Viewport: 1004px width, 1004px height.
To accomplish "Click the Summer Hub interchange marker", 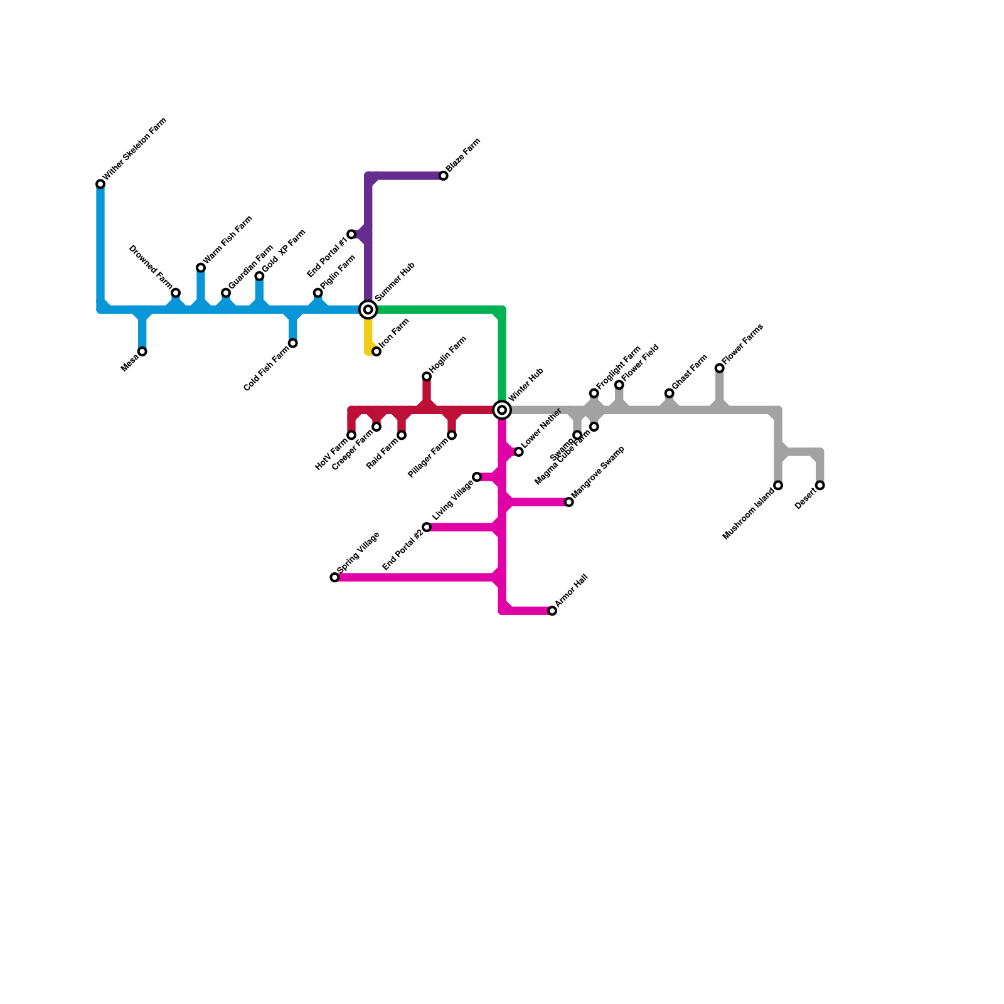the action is click(x=368, y=309).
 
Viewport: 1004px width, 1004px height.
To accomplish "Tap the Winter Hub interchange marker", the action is click(x=502, y=410).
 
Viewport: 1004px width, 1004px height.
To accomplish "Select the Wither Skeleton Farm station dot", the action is click(x=100, y=184).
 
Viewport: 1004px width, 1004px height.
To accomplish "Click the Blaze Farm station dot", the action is click(x=444, y=176).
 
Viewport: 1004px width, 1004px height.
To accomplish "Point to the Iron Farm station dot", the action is click(x=376, y=351).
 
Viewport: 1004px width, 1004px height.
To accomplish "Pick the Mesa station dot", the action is click(x=142, y=351).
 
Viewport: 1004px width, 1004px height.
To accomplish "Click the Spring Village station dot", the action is click(x=334, y=577).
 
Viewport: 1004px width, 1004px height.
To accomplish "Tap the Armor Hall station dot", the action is click(x=552, y=611).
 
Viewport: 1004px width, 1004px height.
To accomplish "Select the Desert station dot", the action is click(x=820, y=485).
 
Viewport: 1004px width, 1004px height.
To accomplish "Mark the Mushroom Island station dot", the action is click(x=778, y=485).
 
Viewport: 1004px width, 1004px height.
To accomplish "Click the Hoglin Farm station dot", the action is click(x=427, y=376).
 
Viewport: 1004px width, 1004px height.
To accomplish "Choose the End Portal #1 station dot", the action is click(x=351, y=234).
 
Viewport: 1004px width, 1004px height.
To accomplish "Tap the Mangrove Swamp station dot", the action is click(x=569, y=502).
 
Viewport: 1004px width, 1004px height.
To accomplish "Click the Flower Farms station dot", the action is click(x=720, y=368).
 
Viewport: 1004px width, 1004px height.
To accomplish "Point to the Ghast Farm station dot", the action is click(x=670, y=393).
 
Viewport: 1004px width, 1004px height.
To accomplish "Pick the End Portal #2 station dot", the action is click(x=427, y=527).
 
